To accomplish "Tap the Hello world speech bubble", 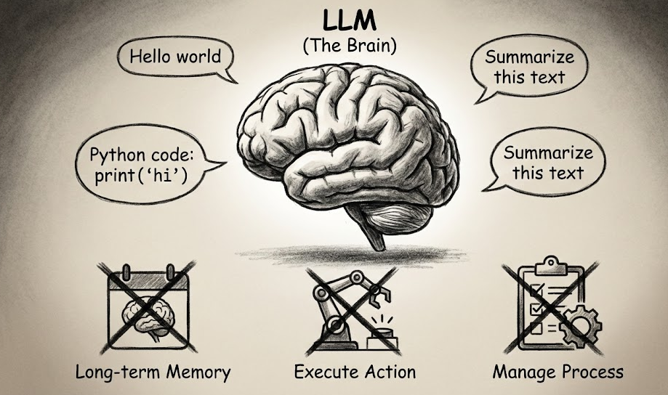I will click(x=175, y=57).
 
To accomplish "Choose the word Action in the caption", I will click(x=389, y=373).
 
